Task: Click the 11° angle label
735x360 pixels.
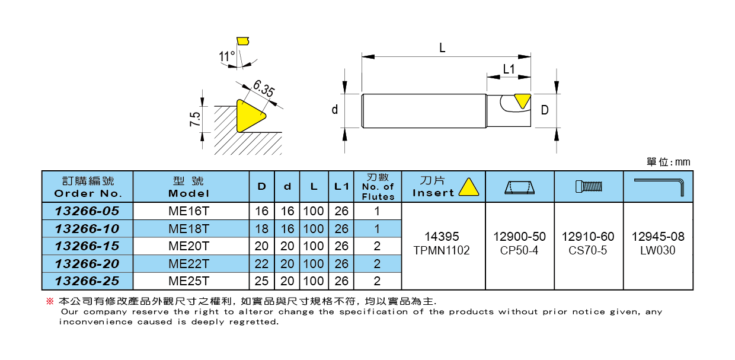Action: coord(226,56)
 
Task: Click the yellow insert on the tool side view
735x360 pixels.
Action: coord(522,100)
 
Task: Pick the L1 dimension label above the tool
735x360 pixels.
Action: coord(509,69)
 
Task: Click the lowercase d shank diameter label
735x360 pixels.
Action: coord(335,110)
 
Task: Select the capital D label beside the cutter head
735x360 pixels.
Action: coord(545,110)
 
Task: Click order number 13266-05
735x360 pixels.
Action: coord(87,211)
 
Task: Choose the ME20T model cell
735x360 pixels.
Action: coord(189,246)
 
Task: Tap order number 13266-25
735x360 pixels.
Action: coord(87,281)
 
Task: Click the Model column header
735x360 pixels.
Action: coord(189,187)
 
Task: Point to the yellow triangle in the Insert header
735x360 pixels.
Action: coord(468,187)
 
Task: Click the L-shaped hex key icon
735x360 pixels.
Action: coord(659,187)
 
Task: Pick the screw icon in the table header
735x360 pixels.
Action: coord(589,187)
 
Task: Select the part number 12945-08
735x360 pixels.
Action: coord(658,237)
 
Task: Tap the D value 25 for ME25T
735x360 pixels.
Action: coord(261,281)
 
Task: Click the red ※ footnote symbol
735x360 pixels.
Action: coord(50,301)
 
